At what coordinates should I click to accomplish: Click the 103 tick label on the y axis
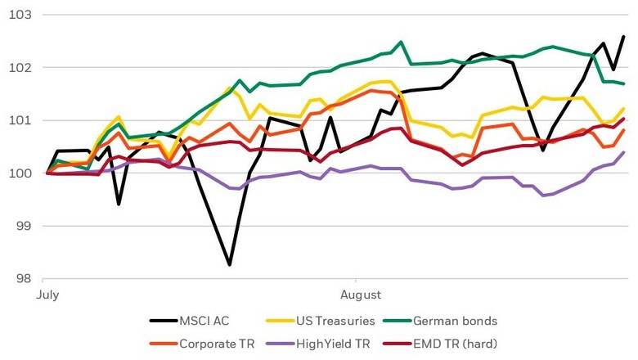tap(20, 15)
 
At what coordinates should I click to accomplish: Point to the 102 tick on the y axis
tap(20, 67)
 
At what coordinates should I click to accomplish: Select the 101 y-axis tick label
tap(20, 120)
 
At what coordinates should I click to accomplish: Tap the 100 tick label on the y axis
tap(20, 173)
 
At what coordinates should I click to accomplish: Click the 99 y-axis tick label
tap(24, 226)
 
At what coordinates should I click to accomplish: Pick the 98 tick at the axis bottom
tap(24, 279)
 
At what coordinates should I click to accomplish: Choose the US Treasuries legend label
tap(335, 321)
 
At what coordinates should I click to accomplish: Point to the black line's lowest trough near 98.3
tap(229, 264)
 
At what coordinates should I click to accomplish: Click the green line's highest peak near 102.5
tap(401, 42)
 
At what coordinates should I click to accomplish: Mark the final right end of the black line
tap(624, 37)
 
